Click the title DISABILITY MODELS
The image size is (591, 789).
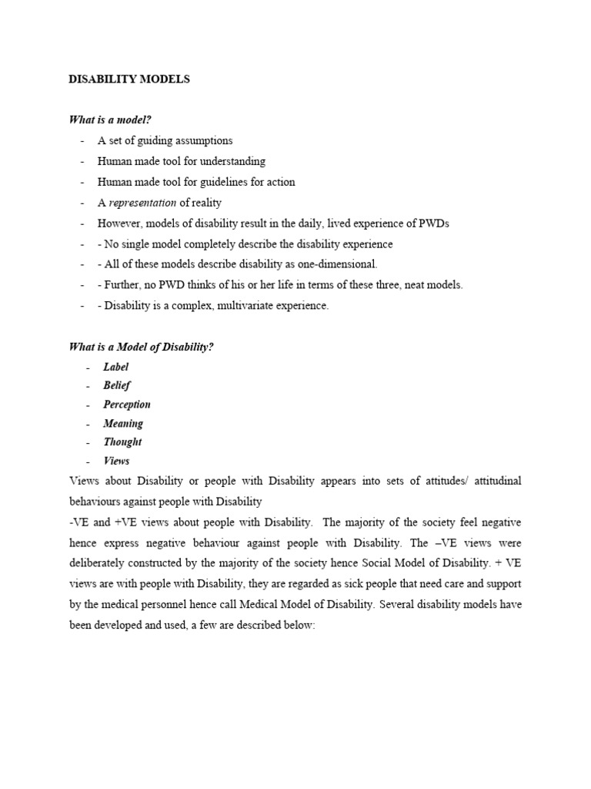click(129, 79)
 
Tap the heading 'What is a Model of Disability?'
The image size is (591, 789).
click(141, 347)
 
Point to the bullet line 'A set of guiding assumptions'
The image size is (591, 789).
click(165, 140)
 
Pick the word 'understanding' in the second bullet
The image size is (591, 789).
click(233, 161)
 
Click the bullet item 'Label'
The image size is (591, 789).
click(116, 367)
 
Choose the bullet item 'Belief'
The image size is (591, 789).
click(117, 385)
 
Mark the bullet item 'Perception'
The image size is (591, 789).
click(127, 405)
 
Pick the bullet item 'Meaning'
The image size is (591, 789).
click(123, 423)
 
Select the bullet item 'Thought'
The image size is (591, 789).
click(122, 442)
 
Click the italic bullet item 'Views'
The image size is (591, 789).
click(116, 461)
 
